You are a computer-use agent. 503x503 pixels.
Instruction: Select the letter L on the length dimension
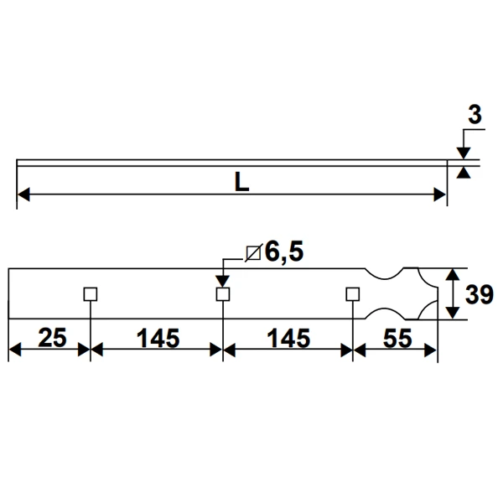coord(241,182)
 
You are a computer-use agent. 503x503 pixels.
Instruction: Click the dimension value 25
coord(52,338)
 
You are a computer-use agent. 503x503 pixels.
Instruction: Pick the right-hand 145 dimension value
coord(288,338)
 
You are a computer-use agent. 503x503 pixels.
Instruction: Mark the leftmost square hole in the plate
coord(91,293)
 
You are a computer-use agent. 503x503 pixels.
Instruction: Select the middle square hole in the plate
coord(223,293)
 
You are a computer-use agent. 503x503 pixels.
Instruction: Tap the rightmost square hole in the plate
coord(353,293)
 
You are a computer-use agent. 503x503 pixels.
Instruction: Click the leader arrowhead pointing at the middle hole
coord(223,283)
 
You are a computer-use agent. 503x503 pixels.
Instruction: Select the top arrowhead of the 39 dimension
coord(454,274)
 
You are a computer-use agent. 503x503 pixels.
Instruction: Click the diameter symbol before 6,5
coord(253,252)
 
